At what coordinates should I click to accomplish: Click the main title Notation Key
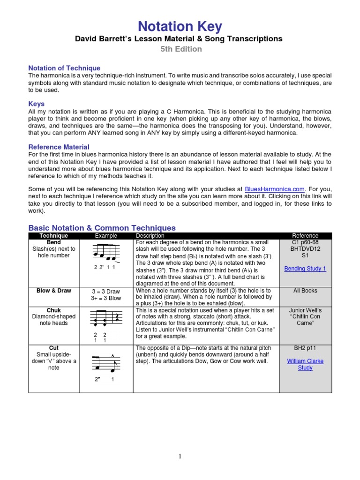(180, 27)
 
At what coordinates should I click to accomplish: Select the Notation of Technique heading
(64, 68)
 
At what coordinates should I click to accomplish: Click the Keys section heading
(37, 104)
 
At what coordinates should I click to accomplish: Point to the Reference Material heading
(59, 147)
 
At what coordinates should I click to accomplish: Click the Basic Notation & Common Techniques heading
(102, 228)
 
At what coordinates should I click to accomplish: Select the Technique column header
(54, 236)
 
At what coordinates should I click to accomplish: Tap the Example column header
(106, 236)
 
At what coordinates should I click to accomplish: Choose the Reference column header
(305, 236)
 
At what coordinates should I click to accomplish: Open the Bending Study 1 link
(305, 269)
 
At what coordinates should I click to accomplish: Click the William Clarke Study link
(305, 365)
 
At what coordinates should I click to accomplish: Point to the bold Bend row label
(54, 242)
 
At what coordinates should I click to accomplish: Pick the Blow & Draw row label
(54, 291)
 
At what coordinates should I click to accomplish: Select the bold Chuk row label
(54, 310)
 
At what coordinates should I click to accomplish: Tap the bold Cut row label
(54, 348)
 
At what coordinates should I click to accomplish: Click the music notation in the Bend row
(106, 254)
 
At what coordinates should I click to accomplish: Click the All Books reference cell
(305, 291)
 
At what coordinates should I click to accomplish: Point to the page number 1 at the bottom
(180, 457)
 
